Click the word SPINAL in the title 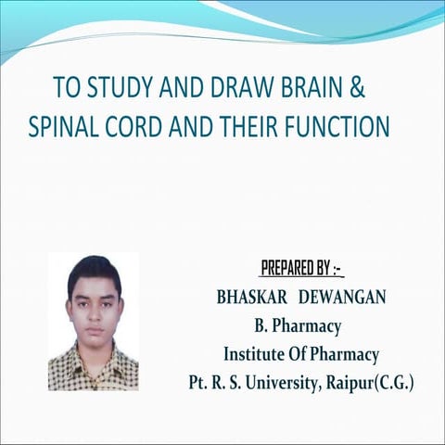(63, 125)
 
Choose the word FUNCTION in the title (340, 125)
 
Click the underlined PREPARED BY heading (301, 270)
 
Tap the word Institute (255, 353)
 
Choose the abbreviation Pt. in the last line (198, 381)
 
